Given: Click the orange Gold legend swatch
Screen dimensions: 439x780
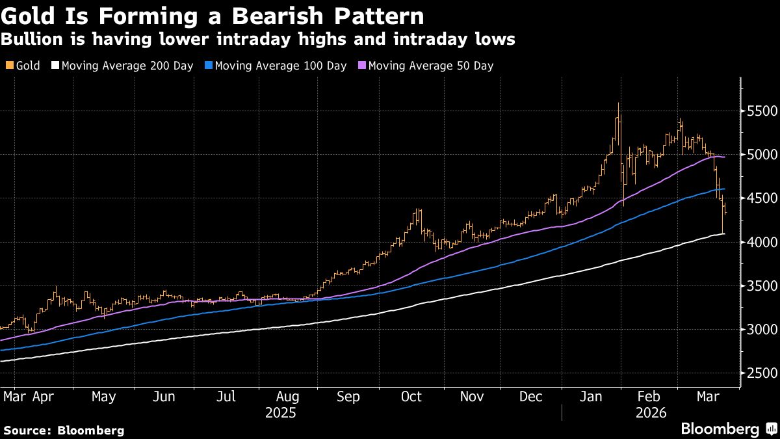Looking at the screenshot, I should pyautogui.click(x=8, y=66).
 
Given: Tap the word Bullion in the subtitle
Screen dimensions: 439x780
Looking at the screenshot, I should pyautogui.click(x=27, y=40).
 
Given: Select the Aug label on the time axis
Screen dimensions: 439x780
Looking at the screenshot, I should pyautogui.click(x=287, y=396).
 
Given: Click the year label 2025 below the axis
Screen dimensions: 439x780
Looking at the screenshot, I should pyautogui.click(x=281, y=412).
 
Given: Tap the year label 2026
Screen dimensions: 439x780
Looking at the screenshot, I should pyautogui.click(x=650, y=412).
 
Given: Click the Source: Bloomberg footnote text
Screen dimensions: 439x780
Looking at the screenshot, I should pyautogui.click(x=63, y=430).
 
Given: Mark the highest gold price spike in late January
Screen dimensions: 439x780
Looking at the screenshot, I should pyautogui.click(x=618, y=104).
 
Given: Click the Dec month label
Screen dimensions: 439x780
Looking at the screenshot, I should pyautogui.click(x=532, y=396).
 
